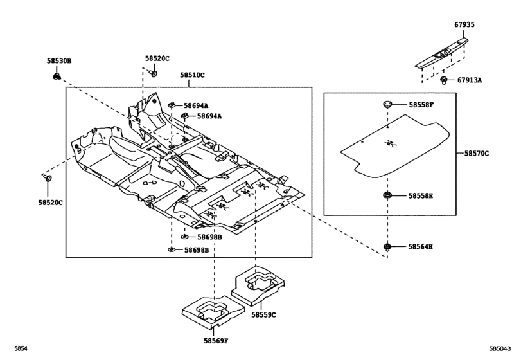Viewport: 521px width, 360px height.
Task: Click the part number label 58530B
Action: (59, 60)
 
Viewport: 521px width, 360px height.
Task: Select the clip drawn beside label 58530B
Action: (57, 77)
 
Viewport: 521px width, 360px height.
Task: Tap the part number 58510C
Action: (192, 75)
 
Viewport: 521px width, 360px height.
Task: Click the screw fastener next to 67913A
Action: (444, 80)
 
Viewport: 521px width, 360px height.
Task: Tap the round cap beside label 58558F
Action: (388, 104)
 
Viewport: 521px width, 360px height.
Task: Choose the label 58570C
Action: (477, 154)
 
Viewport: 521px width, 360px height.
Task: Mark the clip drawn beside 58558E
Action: (388, 195)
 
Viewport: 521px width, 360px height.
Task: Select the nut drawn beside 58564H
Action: (388, 246)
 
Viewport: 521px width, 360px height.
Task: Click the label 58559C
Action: (263, 314)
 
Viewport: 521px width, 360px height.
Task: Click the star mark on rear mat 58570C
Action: (389, 144)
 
